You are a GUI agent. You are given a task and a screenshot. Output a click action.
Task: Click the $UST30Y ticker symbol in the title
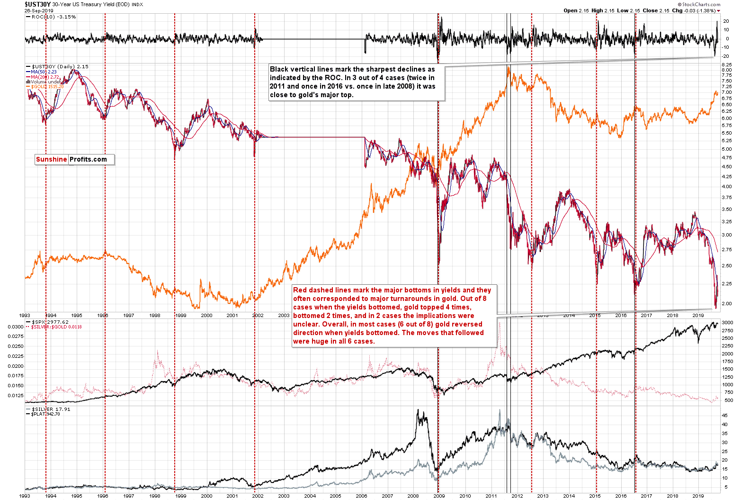tap(37, 4)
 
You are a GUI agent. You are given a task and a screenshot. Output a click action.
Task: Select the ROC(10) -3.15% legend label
tap(54, 17)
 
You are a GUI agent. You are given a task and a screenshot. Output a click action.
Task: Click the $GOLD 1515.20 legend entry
tap(47, 87)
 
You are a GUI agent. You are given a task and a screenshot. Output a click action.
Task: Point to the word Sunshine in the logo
tap(51, 159)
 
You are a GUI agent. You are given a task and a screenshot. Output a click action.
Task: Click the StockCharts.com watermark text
tap(701, 5)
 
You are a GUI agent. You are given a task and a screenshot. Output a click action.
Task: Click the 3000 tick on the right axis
tap(727, 323)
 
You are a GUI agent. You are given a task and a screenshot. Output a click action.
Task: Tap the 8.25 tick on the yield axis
tap(727, 64)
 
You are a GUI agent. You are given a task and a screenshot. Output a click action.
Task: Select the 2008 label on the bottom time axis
tap(413, 496)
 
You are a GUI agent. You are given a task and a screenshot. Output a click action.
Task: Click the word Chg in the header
tap(678, 10)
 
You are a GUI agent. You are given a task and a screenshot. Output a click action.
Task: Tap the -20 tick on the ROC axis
tap(726, 56)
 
